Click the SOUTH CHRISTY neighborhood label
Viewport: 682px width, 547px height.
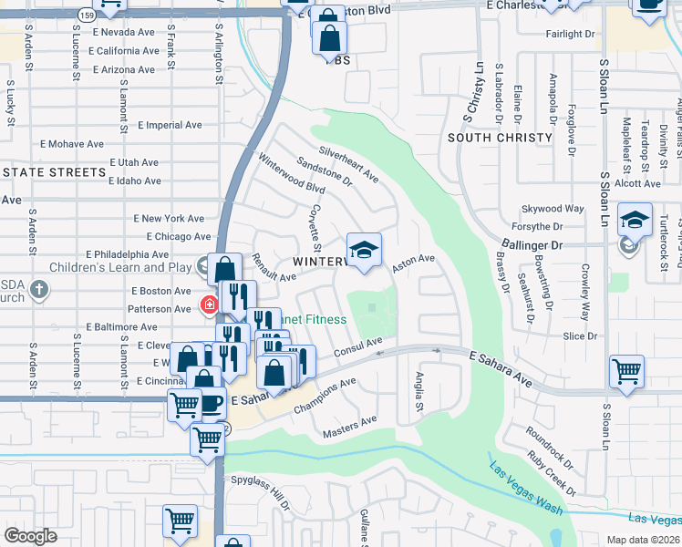click(501, 138)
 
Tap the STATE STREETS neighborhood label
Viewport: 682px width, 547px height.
click(54, 171)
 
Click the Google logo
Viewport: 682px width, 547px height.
click(30, 535)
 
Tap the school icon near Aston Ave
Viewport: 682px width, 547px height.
click(364, 250)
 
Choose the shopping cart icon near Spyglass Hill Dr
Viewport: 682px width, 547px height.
click(180, 521)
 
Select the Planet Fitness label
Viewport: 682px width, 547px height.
click(315, 320)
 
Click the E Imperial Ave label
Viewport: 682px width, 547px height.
click(169, 125)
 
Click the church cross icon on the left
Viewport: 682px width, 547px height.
click(37, 290)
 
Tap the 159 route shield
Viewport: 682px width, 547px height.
click(87, 15)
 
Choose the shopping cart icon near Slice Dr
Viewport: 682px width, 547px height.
click(626, 370)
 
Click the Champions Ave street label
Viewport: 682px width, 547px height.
click(324, 397)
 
